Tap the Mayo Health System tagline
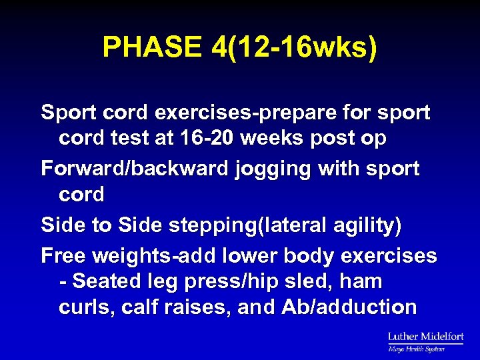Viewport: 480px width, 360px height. (417, 349)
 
